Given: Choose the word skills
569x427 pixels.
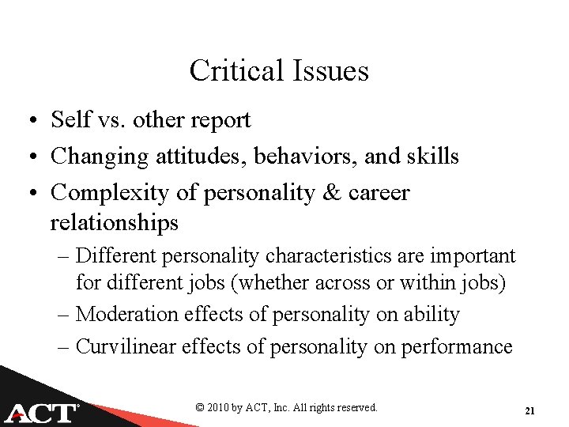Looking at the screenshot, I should pos(434,156).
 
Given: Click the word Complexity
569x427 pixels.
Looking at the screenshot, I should pos(107,192).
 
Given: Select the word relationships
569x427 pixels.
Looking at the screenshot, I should pos(115,222).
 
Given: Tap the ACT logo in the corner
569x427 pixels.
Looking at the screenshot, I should pos(41,412).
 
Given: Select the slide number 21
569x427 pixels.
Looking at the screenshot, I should pos(529,411).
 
